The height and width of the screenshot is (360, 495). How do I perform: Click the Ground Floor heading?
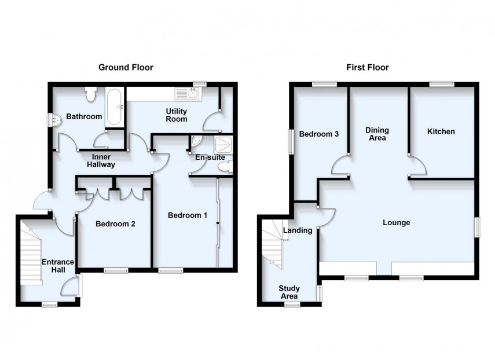click(126, 68)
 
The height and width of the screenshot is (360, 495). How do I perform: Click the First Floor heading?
click(367, 68)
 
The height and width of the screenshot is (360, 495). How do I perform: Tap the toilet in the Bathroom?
click(91, 93)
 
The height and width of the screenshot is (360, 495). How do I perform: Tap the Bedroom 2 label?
click(115, 224)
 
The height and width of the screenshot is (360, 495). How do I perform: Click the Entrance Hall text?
click(58, 266)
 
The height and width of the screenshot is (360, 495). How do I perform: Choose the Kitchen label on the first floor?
click(441, 131)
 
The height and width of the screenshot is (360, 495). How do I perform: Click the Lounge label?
click(396, 222)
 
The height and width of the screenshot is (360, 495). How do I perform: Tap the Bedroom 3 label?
click(319, 134)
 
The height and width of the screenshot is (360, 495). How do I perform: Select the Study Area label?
click(289, 292)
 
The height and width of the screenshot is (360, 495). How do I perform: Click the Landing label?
click(298, 230)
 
